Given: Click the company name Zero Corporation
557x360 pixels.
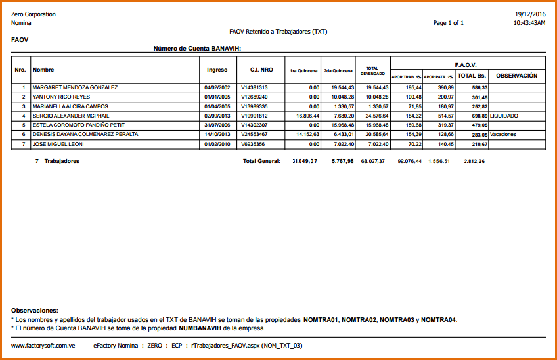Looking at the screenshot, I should [x=33, y=14].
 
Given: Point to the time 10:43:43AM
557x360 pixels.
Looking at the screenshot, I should [x=529, y=23].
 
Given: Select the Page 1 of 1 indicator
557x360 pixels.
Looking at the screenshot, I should [x=449, y=23].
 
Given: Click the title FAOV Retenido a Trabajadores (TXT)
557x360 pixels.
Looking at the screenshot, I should [x=278, y=32].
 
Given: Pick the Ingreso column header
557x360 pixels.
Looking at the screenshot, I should [x=217, y=70].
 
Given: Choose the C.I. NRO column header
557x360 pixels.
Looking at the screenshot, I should [x=261, y=70].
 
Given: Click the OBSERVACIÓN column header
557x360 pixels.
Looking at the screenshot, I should [x=516, y=76].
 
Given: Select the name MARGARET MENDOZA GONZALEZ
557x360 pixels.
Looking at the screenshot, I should [x=75, y=87].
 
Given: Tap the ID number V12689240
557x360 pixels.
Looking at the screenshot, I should [x=254, y=97].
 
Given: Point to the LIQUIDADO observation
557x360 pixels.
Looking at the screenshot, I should [x=504, y=116].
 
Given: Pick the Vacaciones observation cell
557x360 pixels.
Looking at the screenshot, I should [x=503, y=134].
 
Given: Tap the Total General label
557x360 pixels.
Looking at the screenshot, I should [x=261, y=161].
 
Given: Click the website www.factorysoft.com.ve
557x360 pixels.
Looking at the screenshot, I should [x=43, y=345].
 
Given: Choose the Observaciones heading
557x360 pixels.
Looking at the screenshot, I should [x=35, y=310].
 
